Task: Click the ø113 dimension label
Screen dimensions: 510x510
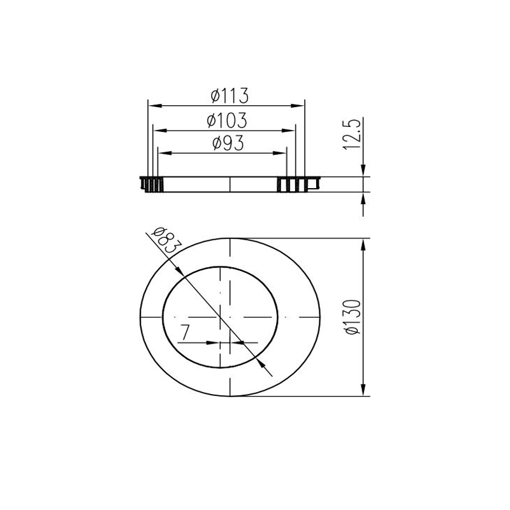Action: click(229, 95)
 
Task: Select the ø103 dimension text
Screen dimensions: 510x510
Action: click(227, 120)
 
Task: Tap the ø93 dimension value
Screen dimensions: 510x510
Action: click(228, 143)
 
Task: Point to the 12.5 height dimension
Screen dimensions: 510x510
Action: click(352, 135)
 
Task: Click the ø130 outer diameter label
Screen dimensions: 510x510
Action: click(353, 317)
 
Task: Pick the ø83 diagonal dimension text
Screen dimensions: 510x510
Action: click(164, 241)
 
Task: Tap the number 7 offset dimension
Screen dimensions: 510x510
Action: click(186, 333)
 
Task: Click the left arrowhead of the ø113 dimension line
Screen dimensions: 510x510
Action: click(155, 106)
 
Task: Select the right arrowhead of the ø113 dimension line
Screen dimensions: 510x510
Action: click(298, 106)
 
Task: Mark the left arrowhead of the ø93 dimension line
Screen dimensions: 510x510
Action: click(164, 153)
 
